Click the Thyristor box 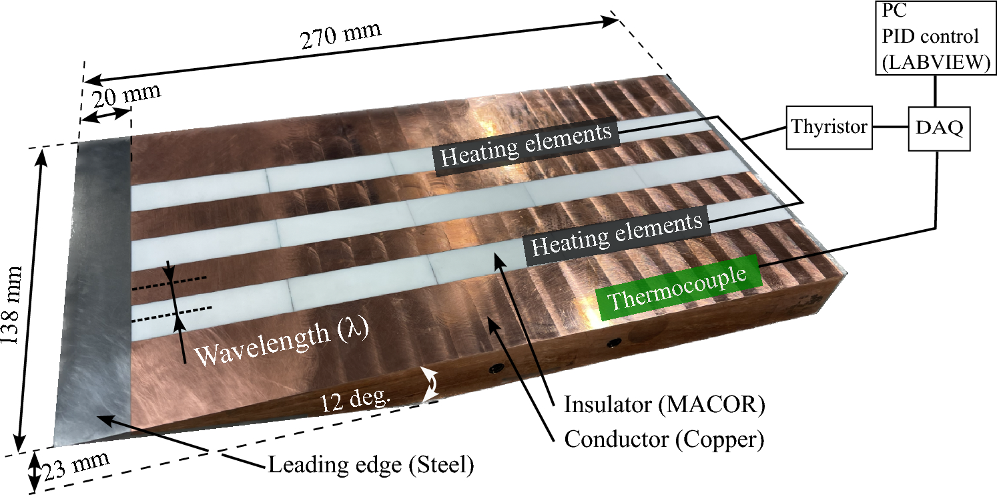[x=829, y=127]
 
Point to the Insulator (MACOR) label [x=664, y=405]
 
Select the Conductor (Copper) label [x=665, y=440]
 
